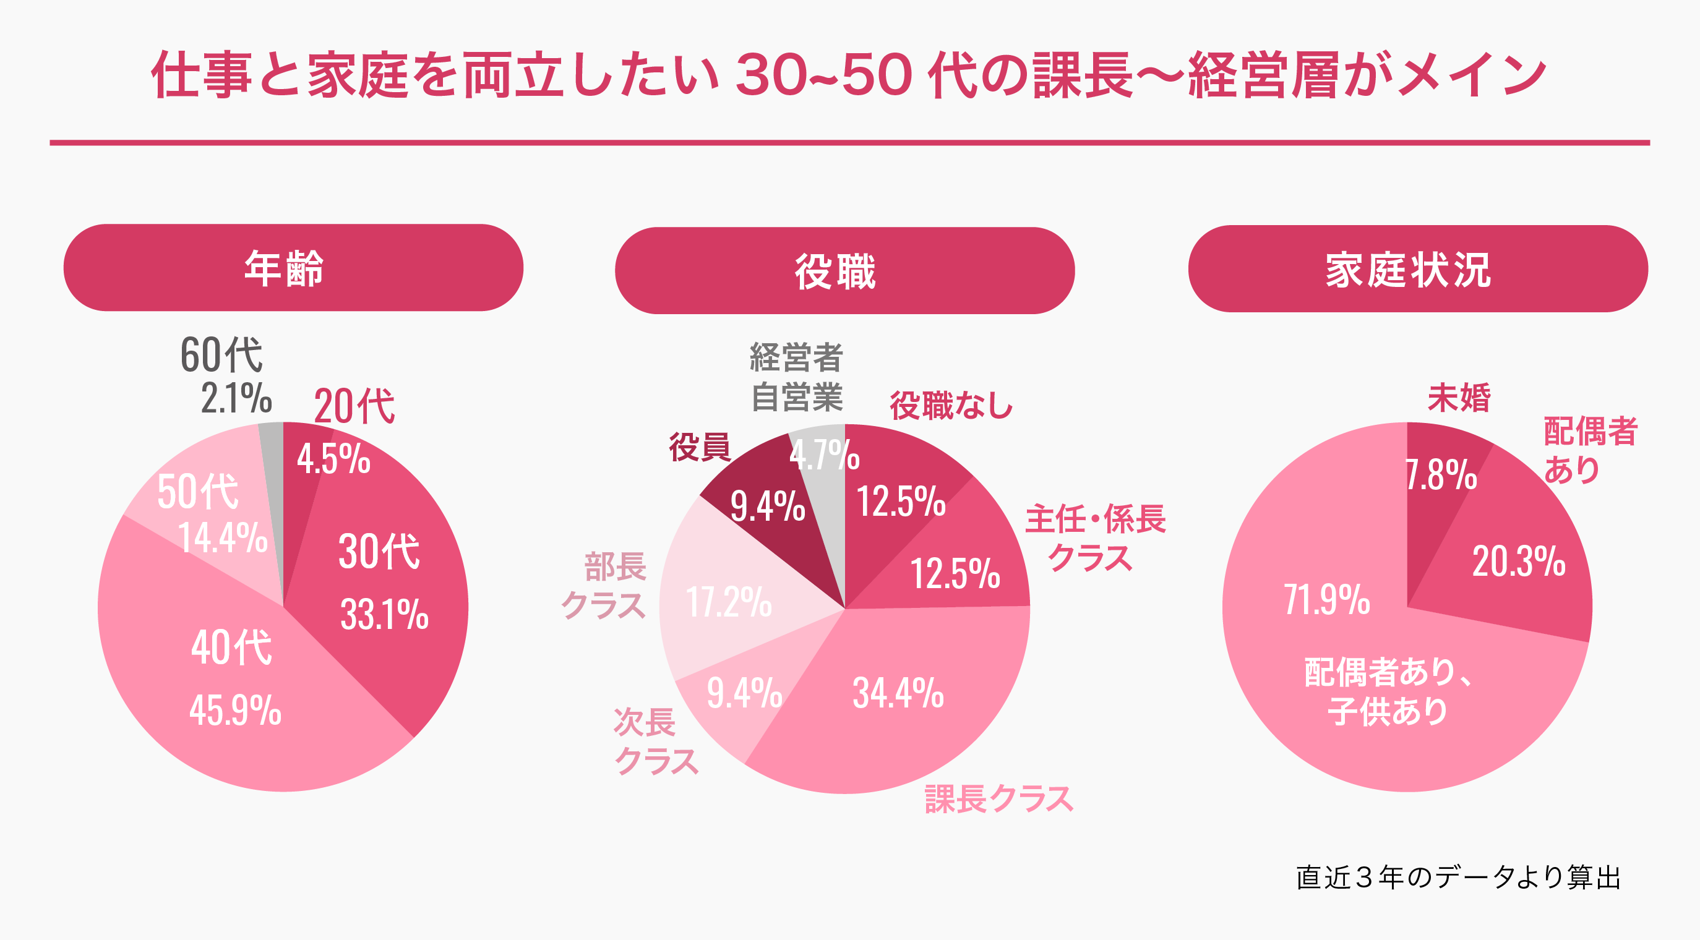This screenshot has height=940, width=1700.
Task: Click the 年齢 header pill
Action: [x=293, y=268]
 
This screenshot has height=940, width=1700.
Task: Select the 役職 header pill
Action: [x=844, y=270]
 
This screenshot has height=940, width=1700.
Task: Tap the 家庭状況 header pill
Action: [x=1417, y=268]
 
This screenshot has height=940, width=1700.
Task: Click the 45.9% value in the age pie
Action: [x=236, y=711]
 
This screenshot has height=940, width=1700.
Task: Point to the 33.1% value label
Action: [x=384, y=615]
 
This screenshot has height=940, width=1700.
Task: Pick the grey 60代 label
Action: [x=221, y=355]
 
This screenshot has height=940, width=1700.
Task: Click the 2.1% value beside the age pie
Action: [x=236, y=398]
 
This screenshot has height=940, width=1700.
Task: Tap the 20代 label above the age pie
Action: [x=354, y=406]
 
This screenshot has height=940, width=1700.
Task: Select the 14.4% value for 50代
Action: [x=223, y=537]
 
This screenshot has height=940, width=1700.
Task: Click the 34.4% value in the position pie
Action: [x=898, y=693]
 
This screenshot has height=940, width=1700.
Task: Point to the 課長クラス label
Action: [x=998, y=799]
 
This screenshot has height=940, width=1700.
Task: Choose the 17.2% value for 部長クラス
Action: [x=729, y=602]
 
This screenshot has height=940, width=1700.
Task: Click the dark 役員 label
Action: [x=700, y=447]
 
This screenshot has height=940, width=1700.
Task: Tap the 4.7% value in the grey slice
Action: [x=823, y=455]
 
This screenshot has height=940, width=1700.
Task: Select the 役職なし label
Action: [x=951, y=405]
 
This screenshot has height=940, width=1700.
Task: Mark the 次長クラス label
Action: [x=655, y=741]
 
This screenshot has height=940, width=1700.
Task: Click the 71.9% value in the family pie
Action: [x=1326, y=600]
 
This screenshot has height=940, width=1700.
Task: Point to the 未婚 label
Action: [x=1459, y=398]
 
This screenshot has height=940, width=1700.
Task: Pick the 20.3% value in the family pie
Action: [x=1519, y=562]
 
